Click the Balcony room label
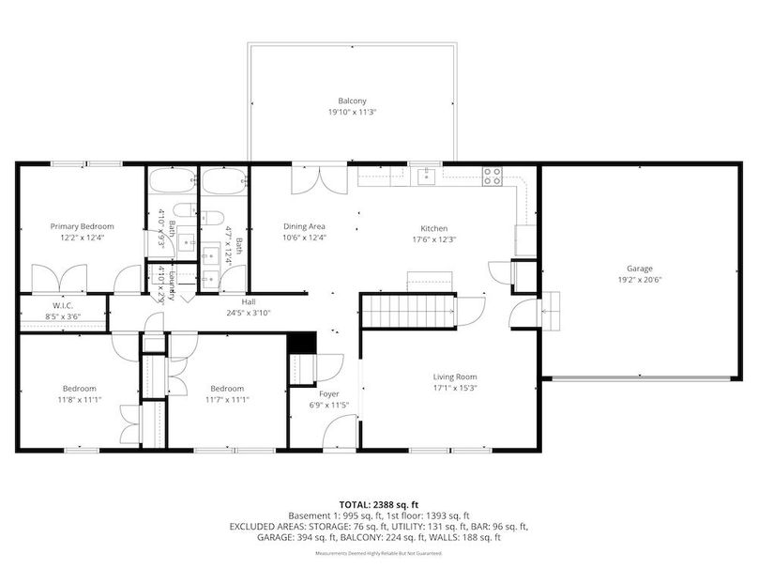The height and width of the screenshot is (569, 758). (x=352, y=100)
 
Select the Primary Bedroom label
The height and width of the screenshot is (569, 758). (x=83, y=226)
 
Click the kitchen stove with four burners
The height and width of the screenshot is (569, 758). (x=492, y=177)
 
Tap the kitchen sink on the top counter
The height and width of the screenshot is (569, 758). (x=427, y=177)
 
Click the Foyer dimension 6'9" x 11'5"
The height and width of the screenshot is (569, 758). (x=329, y=406)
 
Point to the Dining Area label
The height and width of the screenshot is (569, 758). (x=304, y=226)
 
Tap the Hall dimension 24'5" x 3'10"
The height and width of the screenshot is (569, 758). (x=248, y=314)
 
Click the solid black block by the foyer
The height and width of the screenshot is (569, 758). (x=300, y=344)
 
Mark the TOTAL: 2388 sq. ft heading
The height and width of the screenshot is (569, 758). (x=378, y=504)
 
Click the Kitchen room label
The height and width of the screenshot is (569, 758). (x=433, y=228)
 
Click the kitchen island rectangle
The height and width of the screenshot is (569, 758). (x=429, y=282)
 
